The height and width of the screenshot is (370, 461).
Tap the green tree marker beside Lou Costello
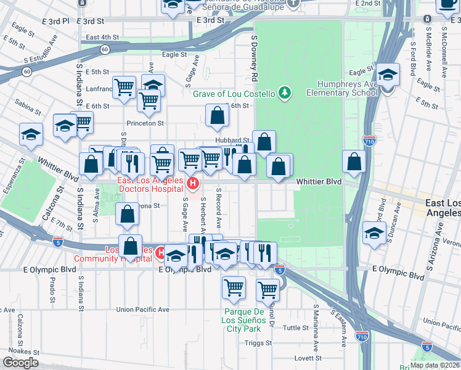[284, 93]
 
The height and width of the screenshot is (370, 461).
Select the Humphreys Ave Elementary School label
[347, 88]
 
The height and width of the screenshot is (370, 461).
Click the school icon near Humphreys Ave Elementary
[388, 75]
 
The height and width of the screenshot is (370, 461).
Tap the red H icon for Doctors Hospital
[193, 183]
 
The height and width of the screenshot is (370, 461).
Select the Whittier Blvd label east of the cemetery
[318, 182]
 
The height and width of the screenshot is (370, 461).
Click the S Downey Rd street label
[253, 58]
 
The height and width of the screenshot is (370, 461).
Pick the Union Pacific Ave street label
[147, 310]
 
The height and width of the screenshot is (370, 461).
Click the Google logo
[20, 363]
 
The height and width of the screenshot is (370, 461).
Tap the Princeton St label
[145, 123]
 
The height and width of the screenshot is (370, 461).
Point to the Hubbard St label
[232, 140]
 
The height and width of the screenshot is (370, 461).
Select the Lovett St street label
[308, 358]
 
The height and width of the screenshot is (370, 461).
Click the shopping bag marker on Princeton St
[217, 115]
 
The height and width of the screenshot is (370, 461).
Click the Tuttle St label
[295, 327]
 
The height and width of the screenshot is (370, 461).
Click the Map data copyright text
[434, 365]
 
